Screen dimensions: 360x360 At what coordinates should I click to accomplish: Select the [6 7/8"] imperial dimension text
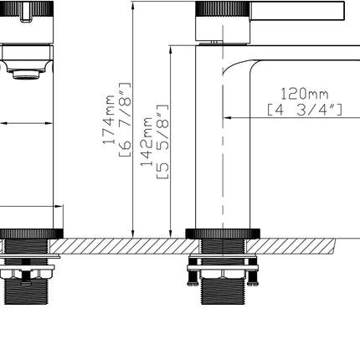[125, 120]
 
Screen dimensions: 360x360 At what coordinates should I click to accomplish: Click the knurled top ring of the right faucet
[222, 9]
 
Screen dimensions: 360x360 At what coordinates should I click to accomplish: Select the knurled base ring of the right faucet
[221, 234]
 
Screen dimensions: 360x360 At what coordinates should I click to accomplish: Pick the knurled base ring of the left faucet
[31, 234]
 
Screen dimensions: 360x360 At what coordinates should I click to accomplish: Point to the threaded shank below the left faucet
[29, 293]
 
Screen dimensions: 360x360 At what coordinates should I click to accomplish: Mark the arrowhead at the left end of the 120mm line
[227, 117]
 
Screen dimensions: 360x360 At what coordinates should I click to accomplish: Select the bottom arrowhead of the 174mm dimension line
[133, 232]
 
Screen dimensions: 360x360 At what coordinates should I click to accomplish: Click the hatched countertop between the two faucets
[126, 244]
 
